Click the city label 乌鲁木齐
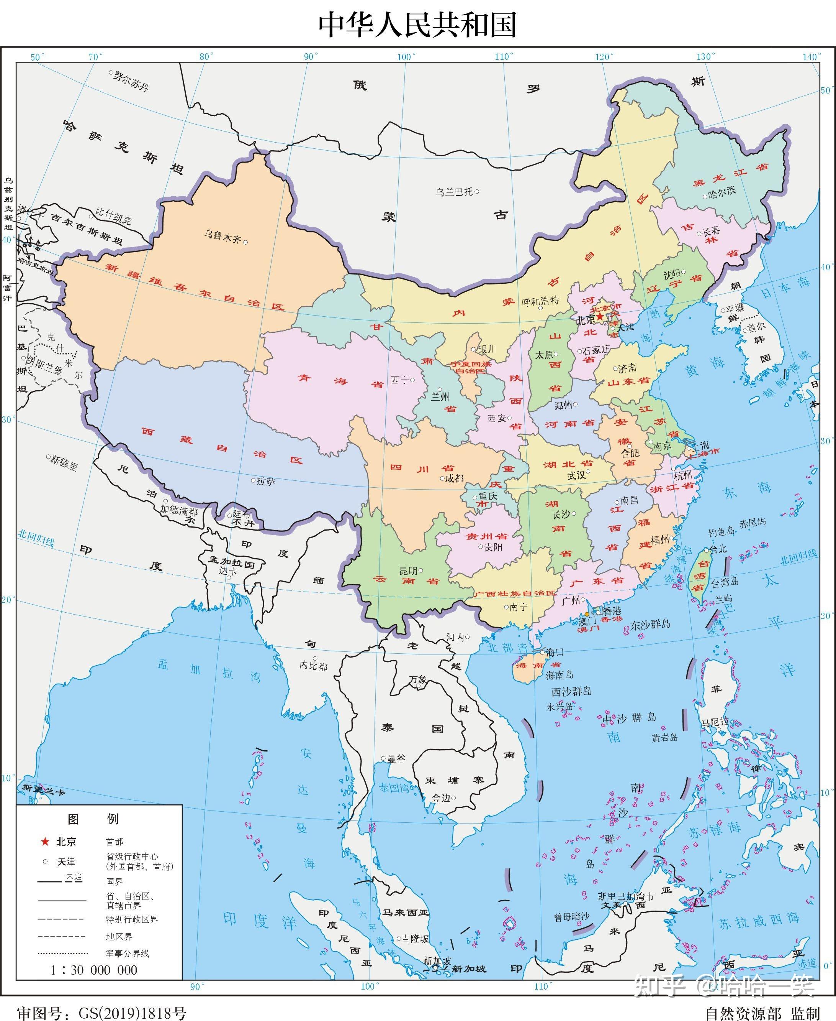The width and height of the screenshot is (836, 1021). [222, 236]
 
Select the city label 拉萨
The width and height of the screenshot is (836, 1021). [266, 481]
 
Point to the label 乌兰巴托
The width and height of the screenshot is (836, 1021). [454, 192]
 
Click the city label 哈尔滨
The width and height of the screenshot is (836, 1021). [722, 193]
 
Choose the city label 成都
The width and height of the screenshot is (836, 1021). [454, 478]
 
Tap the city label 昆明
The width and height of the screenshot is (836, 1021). [408, 571]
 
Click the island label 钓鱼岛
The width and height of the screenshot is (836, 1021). [721, 532]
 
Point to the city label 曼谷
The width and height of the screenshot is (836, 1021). [396, 759]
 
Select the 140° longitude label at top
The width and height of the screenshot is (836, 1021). [811, 57]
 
